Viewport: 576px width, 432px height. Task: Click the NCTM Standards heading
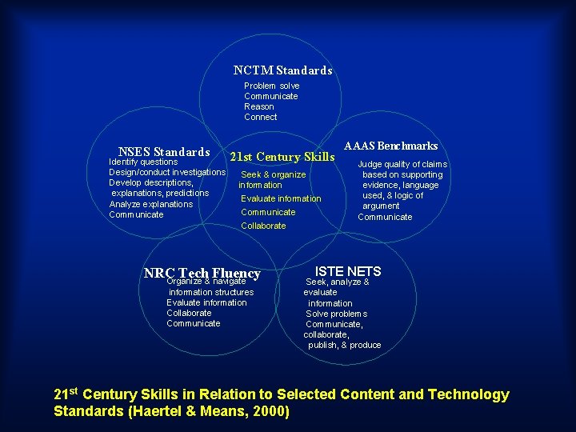pos(282,70)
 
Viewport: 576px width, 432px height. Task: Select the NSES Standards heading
pos(164,152)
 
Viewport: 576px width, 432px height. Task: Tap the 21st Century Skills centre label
pos(282,157)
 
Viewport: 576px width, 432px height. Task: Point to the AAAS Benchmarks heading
pos(390,146)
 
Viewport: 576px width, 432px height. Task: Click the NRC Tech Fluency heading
pos(202,273)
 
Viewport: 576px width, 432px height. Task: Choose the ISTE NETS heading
pos(348,271)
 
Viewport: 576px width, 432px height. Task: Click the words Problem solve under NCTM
pos(272,86)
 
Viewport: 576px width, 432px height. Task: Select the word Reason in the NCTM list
pos(259,106)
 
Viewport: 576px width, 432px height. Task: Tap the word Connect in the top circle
pos(261,117)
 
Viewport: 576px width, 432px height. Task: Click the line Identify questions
pos(143,162)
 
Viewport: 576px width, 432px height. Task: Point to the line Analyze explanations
pos(150,204)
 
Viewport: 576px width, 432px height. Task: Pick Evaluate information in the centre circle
pos(281,198)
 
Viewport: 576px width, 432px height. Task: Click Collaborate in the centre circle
pos(263,226)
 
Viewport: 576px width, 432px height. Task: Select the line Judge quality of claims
pos(402,164)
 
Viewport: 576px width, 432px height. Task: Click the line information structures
pos(210,292)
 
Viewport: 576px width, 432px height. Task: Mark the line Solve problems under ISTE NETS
pos(337,314)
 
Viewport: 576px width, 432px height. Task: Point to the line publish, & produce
pos(345,345)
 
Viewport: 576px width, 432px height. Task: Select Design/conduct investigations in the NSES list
pos(167,173)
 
